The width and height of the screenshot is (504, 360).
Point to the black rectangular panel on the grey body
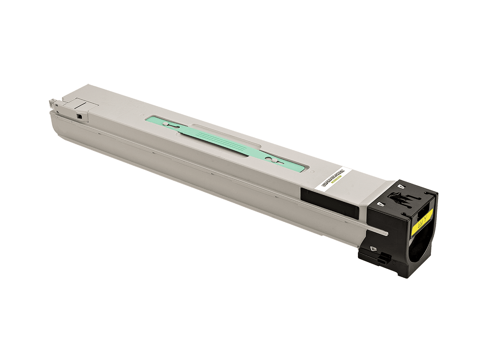point(330,202)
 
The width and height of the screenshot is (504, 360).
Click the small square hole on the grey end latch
point(79,114)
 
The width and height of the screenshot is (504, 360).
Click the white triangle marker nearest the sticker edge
point(381,203)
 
